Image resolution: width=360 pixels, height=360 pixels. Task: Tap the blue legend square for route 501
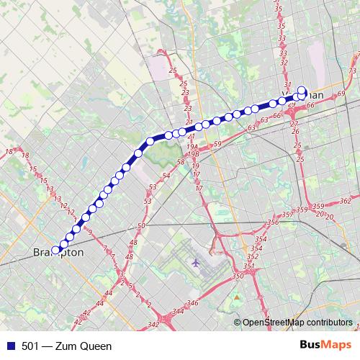tap(9, 346)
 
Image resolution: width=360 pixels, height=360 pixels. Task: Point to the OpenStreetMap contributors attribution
tap(297, 323)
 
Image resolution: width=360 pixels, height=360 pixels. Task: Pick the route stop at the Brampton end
tap(55, 251)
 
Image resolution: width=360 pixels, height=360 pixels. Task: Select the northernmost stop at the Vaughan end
tap(302, 91)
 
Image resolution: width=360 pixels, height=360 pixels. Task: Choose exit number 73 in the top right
tap(352, 71)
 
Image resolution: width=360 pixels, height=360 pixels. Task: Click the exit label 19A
tap(192, 146)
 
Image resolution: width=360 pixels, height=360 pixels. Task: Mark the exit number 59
tap(217, 145)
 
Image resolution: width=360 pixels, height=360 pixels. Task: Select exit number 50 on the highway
tap(141, 226)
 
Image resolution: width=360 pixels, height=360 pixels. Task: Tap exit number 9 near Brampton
tap(89, 231)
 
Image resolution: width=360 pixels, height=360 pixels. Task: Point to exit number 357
tap(287, 215)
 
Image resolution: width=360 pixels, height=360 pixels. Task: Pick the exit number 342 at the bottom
tap(153, 325)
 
